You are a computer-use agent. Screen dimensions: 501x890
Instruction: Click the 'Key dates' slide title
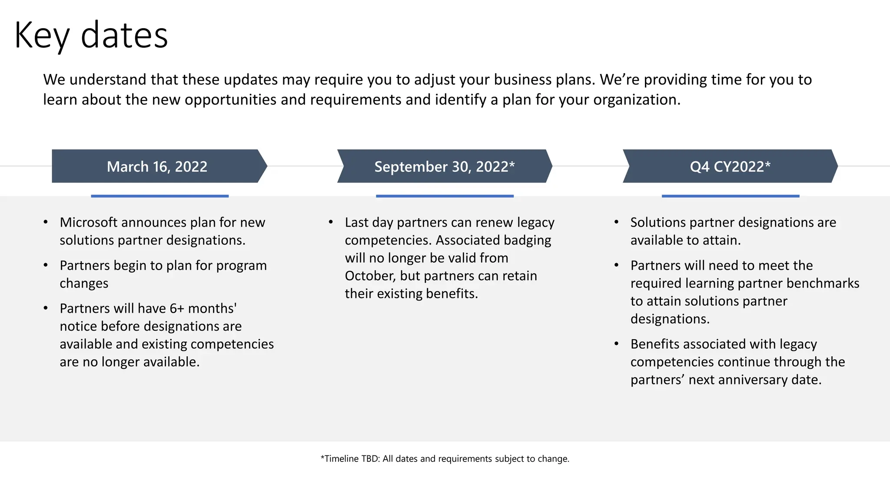click(91, 36)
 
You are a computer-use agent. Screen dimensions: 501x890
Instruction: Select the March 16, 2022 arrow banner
click(157, 167)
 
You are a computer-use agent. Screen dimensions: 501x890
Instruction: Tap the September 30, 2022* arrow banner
click(444, 167)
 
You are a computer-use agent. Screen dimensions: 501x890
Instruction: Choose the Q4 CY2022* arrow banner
click(730, 167)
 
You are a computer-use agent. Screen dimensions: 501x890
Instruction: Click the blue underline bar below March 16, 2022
click(159, 196)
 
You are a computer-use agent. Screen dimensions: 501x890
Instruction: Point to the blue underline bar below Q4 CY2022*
click(730, 196)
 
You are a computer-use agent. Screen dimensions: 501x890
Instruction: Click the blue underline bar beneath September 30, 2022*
click(445, 196)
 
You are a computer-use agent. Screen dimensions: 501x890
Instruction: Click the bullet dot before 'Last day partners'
click(331, 222)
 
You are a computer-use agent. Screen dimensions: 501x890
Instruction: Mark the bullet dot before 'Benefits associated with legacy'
click(616, 344)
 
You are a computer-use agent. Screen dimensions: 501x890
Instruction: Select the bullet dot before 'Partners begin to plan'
click(46, 265)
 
